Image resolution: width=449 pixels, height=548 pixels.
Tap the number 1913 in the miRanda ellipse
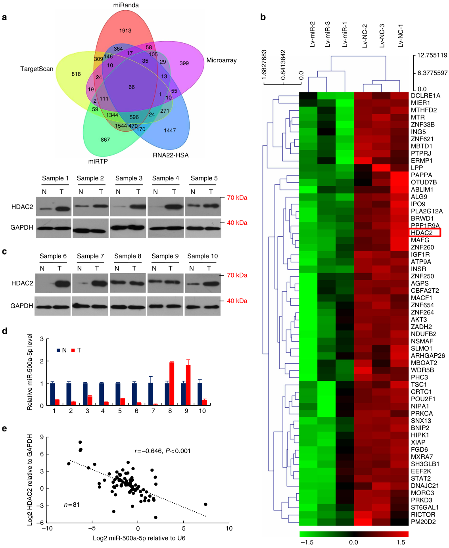pos(125,31)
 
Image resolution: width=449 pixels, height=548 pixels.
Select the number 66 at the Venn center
pos(132,87)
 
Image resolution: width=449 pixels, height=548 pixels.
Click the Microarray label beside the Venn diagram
pos(221,60)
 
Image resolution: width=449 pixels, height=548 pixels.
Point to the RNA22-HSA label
pos(171,155)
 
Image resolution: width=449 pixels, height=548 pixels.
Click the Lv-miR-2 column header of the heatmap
pos(312,34)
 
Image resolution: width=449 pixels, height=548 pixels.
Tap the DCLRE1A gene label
pos(426,96)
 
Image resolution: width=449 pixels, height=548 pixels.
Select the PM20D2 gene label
pos(423,522)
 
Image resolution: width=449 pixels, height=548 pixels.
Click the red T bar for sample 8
pos(172,383)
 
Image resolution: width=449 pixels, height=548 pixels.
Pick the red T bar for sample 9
pos(188,385)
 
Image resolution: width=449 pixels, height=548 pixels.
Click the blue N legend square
pos(58,350)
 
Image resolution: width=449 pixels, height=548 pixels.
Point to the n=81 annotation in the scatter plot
pos(72,505)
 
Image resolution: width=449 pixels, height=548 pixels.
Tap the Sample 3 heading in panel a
pos(129,178)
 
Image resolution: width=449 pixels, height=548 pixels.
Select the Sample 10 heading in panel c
pos(202,256)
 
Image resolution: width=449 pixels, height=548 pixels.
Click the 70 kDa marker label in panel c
pos(237,275)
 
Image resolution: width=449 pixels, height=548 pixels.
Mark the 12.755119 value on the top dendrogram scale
pos(432,55)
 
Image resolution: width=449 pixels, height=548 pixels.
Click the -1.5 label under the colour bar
pos(307,542)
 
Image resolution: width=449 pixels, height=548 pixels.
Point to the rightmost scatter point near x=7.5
pos(205,504)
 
